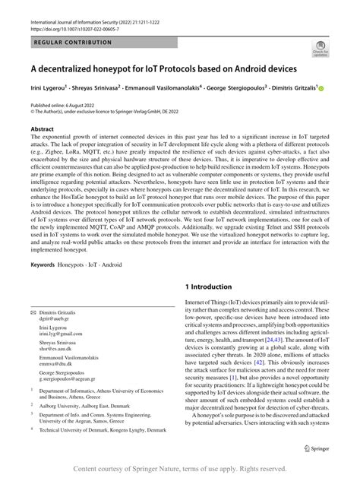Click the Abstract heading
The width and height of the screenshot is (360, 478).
pyautogui.click(x=42, y=129)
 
